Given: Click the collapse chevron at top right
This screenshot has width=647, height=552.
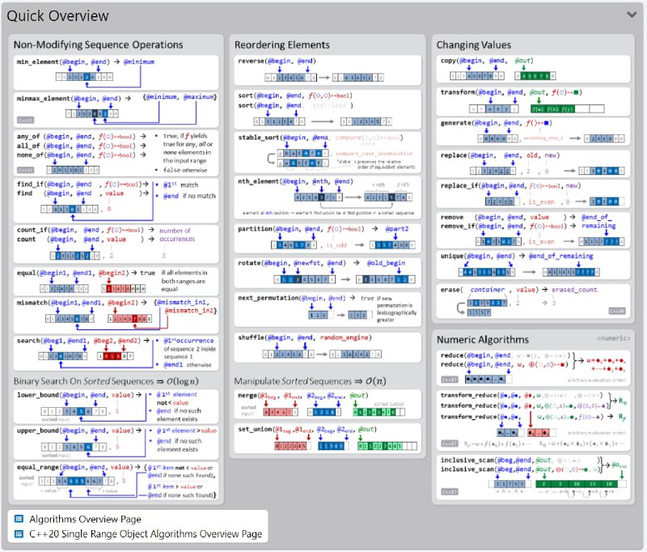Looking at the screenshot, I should tap(631, 14).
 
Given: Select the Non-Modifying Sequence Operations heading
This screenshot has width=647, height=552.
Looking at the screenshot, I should tap(98, 45).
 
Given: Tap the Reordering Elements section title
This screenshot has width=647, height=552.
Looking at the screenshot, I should tap(281, 45).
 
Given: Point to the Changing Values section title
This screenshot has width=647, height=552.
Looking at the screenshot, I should tap(473, 45).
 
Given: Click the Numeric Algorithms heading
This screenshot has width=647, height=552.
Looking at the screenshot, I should tap(484, 339).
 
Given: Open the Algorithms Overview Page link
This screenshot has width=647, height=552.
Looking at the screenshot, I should tap(85, 519).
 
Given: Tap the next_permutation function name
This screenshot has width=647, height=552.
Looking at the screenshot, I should tap(269, 298).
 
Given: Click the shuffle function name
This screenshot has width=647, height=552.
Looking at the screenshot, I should tap(253, 337).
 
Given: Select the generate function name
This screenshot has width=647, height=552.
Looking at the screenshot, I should tap(458, 123).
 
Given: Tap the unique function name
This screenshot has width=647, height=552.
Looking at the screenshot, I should tap(453, 256).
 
